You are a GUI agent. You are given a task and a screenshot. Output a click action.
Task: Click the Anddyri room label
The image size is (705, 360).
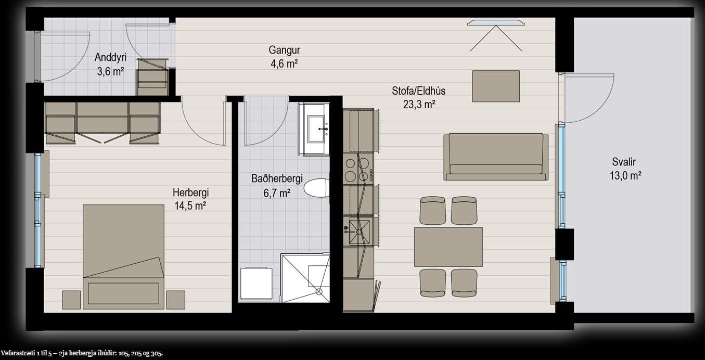click(110, 57)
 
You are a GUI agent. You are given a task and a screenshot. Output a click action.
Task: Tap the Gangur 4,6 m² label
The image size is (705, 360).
click(284, 57)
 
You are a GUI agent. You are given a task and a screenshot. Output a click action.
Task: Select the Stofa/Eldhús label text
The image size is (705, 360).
click(419, 91)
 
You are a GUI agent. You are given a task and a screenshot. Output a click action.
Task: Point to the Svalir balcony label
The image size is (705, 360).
click(624, 162)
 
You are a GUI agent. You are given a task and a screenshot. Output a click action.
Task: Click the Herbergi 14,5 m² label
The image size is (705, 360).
click(190, 199)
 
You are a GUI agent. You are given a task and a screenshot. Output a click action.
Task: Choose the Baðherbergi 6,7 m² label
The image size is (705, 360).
click(277, 186)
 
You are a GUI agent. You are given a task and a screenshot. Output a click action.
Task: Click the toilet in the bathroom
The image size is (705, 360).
click(317, 188)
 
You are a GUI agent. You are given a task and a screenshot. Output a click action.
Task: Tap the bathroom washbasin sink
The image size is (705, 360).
click(316, 129)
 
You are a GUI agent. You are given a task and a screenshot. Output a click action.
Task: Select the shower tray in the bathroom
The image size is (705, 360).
click(305, 278)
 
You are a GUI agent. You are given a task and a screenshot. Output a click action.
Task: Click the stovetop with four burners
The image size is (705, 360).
click(358, 169)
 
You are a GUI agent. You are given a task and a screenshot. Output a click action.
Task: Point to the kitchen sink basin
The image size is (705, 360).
click(360, 232)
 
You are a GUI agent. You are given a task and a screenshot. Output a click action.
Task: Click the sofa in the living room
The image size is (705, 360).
click(496, 157)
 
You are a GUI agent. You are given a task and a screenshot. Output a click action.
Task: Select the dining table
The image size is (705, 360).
click(448, 247)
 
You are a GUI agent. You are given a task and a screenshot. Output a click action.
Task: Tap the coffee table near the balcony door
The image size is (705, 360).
click(496, 86)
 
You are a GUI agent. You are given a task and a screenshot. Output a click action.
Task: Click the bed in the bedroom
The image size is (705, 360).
click(123, 257)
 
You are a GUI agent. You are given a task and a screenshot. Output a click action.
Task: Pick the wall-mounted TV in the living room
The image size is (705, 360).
click(496, 23)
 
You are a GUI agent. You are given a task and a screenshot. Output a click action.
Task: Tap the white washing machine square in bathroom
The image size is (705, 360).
click(256, 284)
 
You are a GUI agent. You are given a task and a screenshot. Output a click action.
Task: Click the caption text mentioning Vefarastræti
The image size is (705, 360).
click(82, 353)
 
